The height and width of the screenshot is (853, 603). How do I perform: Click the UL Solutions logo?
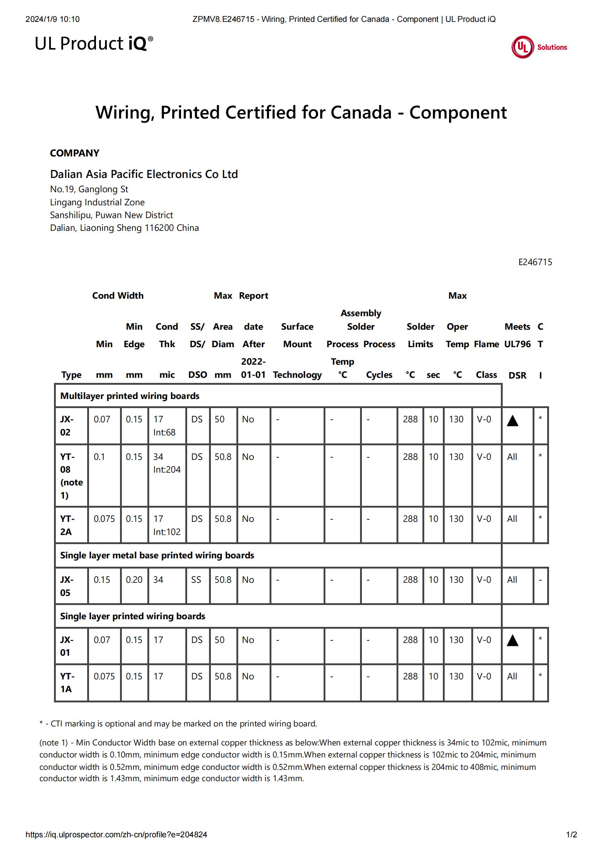point(539,47)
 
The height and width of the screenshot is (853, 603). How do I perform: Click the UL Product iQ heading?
point(94,43)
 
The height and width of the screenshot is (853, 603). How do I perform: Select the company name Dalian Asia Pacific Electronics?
point(144,174)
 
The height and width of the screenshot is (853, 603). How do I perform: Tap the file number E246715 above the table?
point(535,262)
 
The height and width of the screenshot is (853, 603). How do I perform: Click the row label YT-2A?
point(67,525)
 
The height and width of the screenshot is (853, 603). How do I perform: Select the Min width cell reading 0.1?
point(99,457)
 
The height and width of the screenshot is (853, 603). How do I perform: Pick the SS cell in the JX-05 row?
point(196,579)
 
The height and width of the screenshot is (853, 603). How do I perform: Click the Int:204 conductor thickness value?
point(167,470)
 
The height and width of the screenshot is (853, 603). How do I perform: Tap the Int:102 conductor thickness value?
point(167,532)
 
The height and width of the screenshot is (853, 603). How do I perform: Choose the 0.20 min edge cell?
point(134,579)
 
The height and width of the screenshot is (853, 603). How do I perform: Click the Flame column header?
point(486,344)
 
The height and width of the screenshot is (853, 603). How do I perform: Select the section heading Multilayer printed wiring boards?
point(130,396)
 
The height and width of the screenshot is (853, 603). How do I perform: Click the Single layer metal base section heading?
point(157,555)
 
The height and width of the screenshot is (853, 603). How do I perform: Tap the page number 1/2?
point(571,834)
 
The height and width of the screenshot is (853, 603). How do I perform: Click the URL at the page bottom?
point(116,834)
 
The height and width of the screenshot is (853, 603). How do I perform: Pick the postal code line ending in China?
point(124,228)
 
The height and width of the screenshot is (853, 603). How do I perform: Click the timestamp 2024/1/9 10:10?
point(53,19)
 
